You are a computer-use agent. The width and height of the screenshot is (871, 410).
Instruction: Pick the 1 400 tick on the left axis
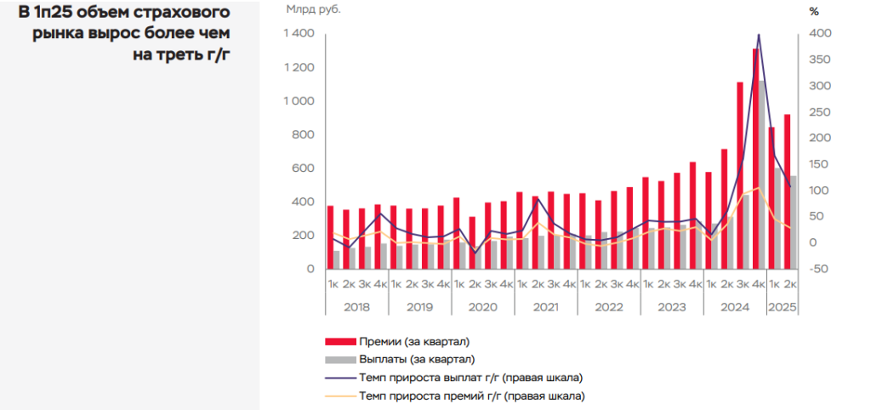pos(299,33)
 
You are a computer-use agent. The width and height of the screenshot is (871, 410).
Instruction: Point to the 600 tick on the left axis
pos(303,168)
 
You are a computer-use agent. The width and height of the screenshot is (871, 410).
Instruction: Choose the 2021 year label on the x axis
pos(545,306)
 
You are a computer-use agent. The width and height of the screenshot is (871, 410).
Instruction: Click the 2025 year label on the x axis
pos(782,306)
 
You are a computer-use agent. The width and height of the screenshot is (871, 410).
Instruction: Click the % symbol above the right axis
pos(814,12)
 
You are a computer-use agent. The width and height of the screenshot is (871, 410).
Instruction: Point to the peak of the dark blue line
pos(758,35)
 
